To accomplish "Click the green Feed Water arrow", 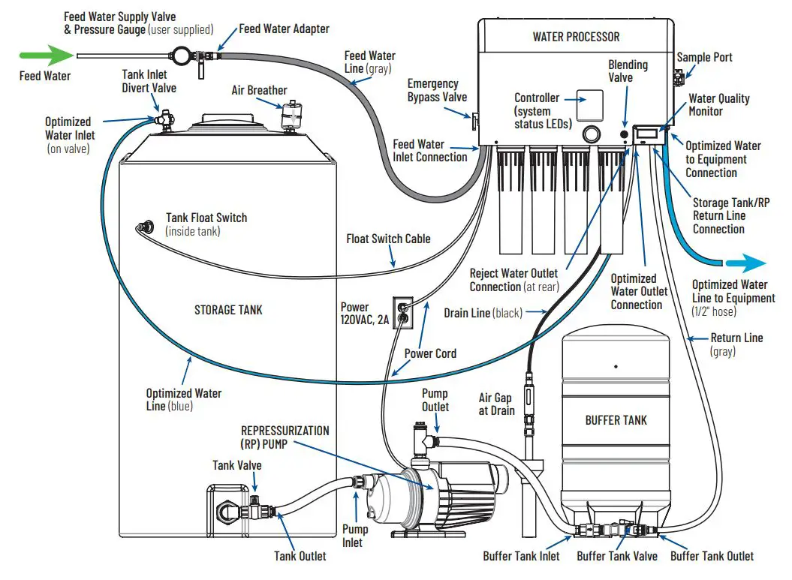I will click(43, 55).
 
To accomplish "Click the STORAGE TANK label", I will click(228, 308).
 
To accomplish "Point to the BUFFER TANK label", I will click(616, 420).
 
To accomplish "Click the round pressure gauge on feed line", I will click(182, 55).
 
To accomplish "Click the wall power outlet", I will click(404, 312).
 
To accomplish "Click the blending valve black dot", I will click(624, 134).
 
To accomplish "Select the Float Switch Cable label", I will click(388, 239).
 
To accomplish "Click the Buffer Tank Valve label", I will click(616, 556).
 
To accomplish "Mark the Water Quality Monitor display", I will click(647, 134).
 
